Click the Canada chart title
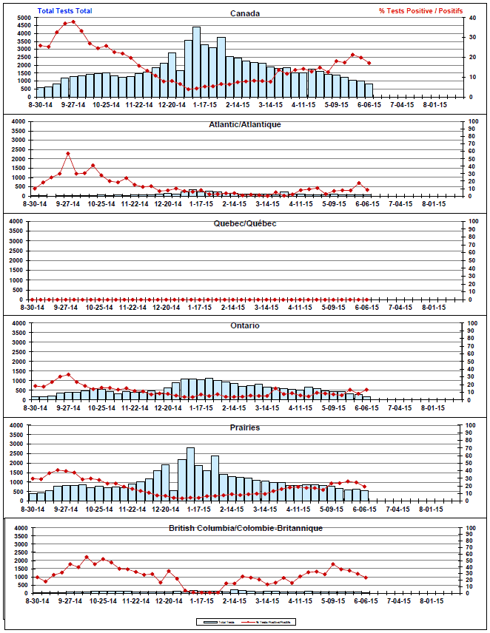tap(244, 13)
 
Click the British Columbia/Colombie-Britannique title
tap(244, 528)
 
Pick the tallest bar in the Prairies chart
tap(190, 474)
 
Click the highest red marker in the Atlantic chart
tap(68, 154)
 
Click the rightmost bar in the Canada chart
tap(369, 90)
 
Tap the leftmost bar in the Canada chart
tap(41, 92)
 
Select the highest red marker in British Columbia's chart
tap(86, 557)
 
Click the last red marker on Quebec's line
tap(368, 299)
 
